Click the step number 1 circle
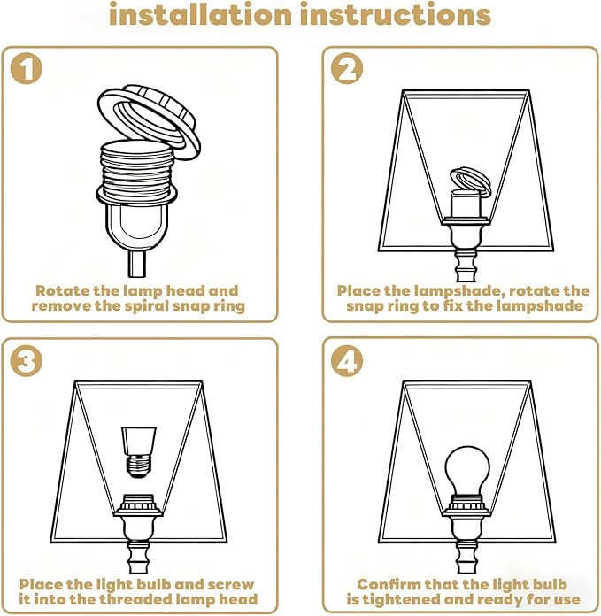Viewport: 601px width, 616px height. tap(26, 68)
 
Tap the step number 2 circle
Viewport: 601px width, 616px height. tap(347, 68)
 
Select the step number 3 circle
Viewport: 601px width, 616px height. tap(26, 361)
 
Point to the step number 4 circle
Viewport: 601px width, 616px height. tap(347, 361)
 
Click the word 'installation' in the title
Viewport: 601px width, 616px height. tap(200, 14)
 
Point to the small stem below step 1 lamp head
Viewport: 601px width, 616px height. tap(136, 264)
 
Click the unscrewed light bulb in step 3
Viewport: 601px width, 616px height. tap(138, 452)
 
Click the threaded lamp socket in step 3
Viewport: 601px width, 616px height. tap(137, 504)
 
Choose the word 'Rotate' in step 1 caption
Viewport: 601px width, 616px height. tap(63, 290)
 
